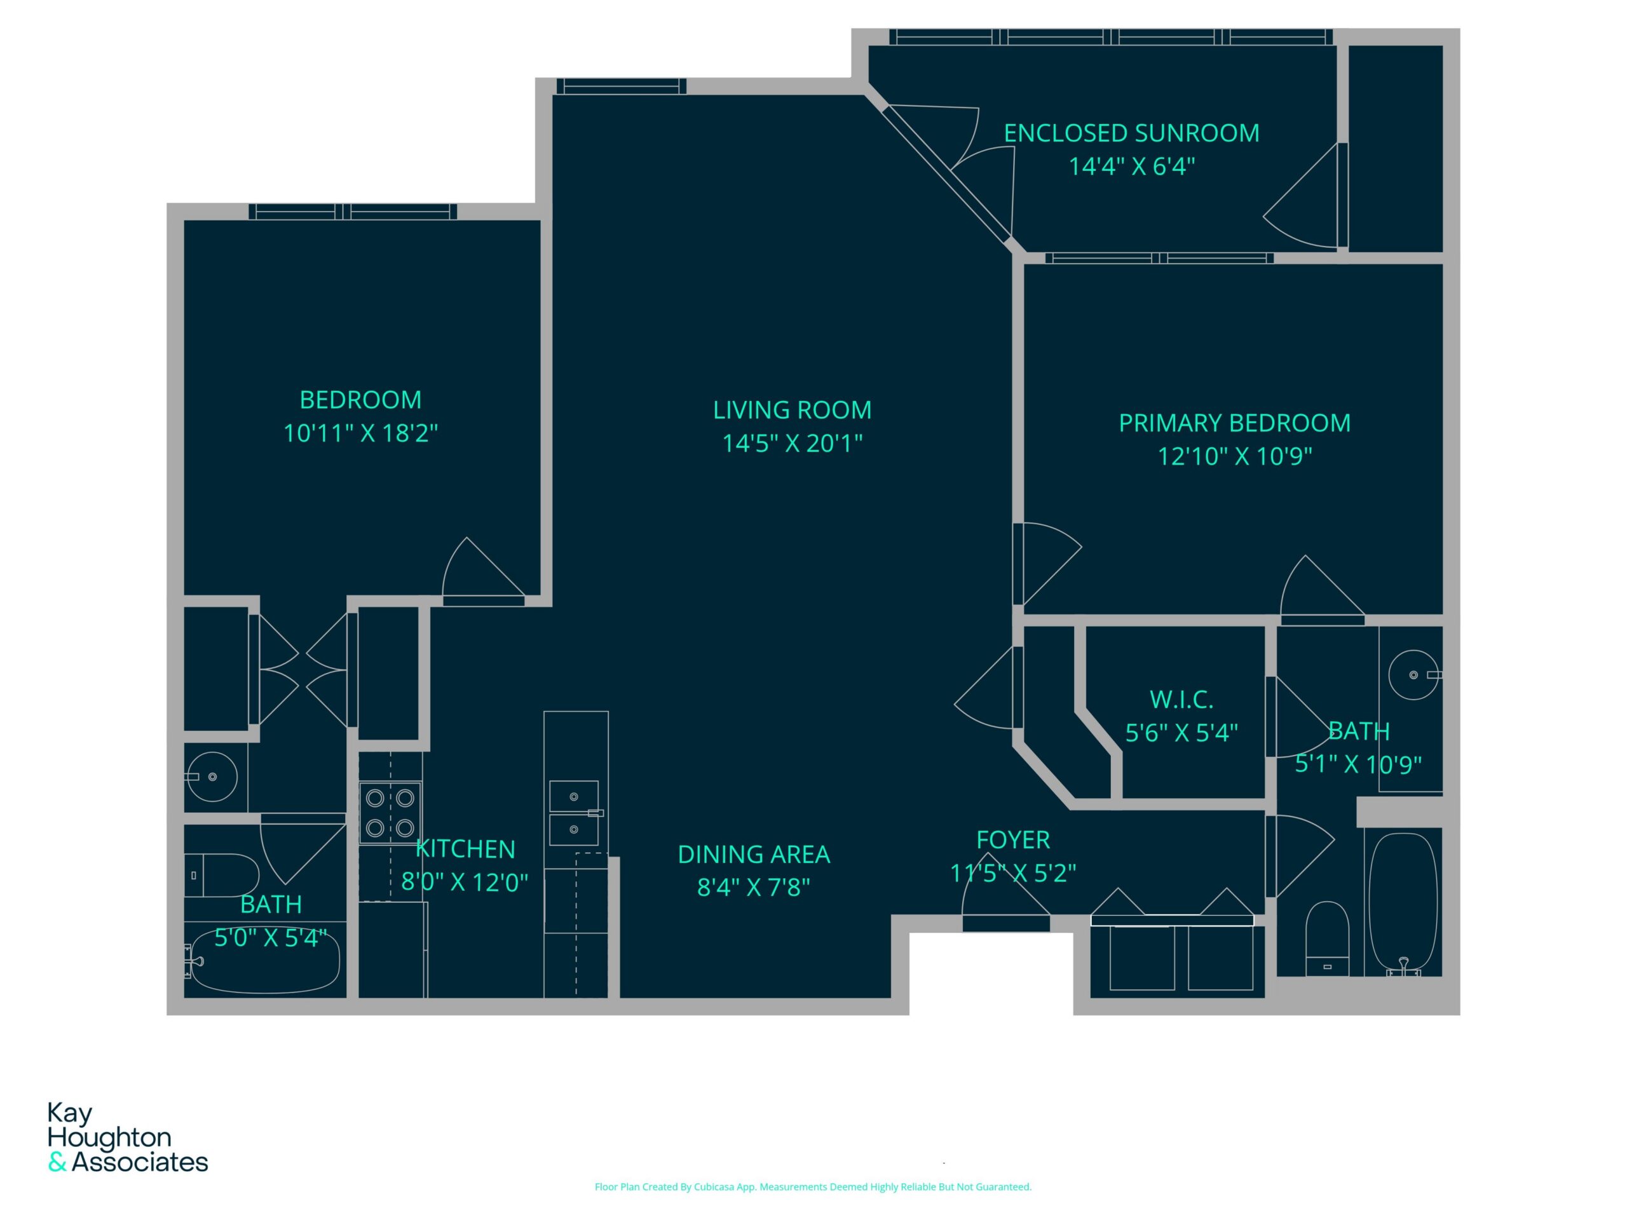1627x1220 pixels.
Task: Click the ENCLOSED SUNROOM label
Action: [x=1131, y=133]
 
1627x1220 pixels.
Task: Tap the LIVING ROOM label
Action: [x=792, y=410]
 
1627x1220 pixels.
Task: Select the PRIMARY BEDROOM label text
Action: [x=1234, y=423]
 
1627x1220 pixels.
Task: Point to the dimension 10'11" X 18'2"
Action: [x=360, y=433]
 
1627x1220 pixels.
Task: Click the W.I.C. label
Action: [x=1181, y=700]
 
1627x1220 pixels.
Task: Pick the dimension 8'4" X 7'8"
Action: [x=753, y=887]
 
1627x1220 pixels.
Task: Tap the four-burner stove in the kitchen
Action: [x=390, y=813]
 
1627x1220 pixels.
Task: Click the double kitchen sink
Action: [x=575, y=813]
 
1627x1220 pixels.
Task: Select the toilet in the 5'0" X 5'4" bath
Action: [x=221, y=875]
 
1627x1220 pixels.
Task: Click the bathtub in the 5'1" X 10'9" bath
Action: [x=1403, y=903]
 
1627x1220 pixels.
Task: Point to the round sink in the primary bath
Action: [x=1413, y=674]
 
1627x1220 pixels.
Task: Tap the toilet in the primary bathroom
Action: [x=1327, y=939]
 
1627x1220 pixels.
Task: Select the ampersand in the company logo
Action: [x=57, y=1163]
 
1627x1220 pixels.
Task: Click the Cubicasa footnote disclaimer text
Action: [x=813, y=1187]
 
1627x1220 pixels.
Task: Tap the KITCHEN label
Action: [x=466, y=849]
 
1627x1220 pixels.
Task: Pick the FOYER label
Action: [x=1013, y=839]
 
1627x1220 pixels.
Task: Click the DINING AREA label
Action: [x=753, y=854]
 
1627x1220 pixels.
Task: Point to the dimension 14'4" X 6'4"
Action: [x=1131, y=166]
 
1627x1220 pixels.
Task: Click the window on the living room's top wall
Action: [x=622, y=86]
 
